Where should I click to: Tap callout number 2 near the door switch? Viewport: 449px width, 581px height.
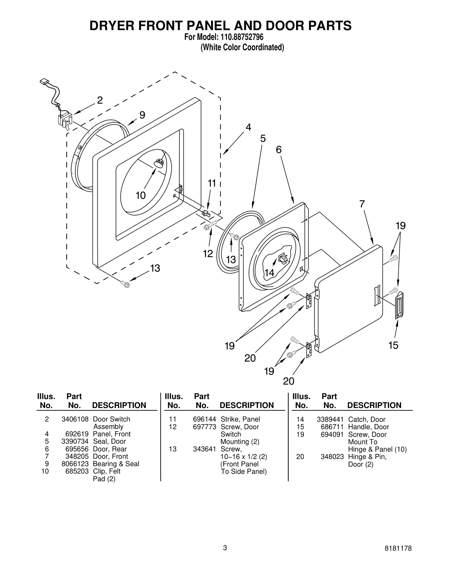(x=100, y=100)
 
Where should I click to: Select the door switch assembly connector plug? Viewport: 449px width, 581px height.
(x=44, y=82)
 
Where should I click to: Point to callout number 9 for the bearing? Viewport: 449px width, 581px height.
(x=142, y=115)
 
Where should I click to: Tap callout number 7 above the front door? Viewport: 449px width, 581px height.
(x=362, y=204)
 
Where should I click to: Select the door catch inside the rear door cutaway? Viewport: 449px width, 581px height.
(x=283, y=258)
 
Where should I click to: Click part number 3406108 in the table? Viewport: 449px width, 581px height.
(x=75, y=419)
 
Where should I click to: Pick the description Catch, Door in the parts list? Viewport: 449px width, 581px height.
(x=366, y=419)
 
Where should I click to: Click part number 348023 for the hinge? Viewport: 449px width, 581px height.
(x=332, y=456)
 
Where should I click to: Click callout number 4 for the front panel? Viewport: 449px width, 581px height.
(x=248, y=127)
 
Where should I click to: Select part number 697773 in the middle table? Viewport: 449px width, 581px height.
(x=204, y=427)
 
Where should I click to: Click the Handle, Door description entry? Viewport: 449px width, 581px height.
(x=368, y=427)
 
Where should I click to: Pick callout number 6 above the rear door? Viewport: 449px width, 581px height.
(x=278, y=150)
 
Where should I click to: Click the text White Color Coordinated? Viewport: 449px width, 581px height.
(x=242, y=47)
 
